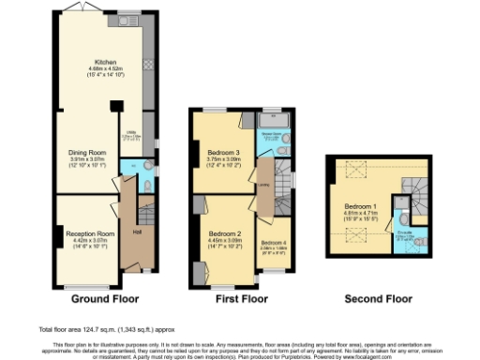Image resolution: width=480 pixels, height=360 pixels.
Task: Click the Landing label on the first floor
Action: click(x=264, y=186)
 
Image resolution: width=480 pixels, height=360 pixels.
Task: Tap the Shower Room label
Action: click(x=279, y=133)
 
